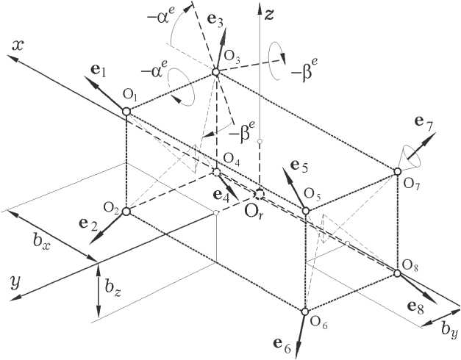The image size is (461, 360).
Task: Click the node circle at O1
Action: point(126,111)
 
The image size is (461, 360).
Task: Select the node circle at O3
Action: point(215,72)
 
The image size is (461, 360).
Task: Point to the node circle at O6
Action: point(304,311)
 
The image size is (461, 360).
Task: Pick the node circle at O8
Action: point(397,273)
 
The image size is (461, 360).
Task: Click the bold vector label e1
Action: point(99,72)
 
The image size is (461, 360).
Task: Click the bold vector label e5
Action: point(299,165)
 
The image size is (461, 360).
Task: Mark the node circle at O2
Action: point(126,211)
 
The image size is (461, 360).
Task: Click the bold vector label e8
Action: point(415,306)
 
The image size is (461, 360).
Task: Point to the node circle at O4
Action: point(216,172)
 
